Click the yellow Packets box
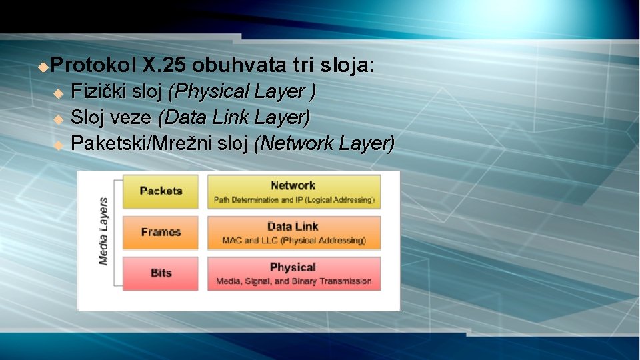click(161, 191)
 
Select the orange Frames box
click(161, 232)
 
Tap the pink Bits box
click(161, 273)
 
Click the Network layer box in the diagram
click(293, 192)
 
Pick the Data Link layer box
click(293, 233)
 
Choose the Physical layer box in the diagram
click(293, 273)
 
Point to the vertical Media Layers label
click(103, 231)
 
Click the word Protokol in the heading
click(93, 65)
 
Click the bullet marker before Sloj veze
click(58, 119)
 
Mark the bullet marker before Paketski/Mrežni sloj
click(58, 145)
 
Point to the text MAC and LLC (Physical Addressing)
click(293, 240)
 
